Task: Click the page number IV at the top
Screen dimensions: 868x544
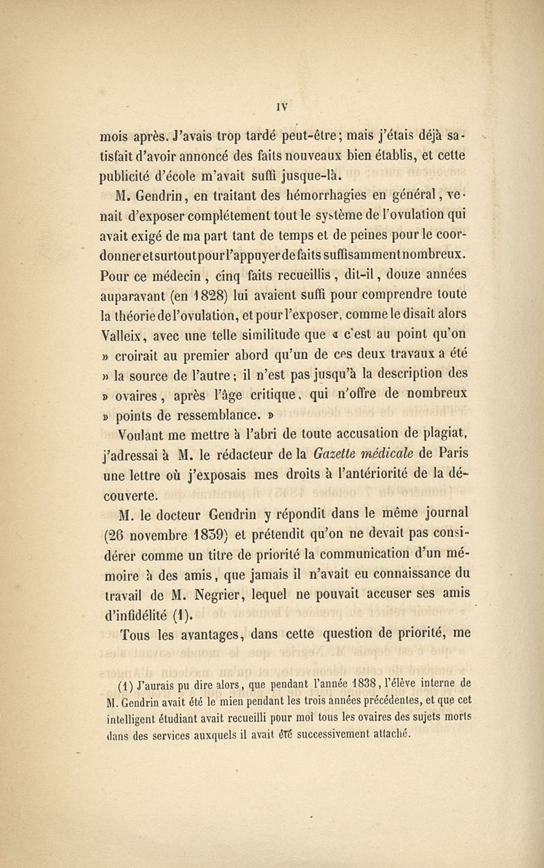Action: tap(284, 106)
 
